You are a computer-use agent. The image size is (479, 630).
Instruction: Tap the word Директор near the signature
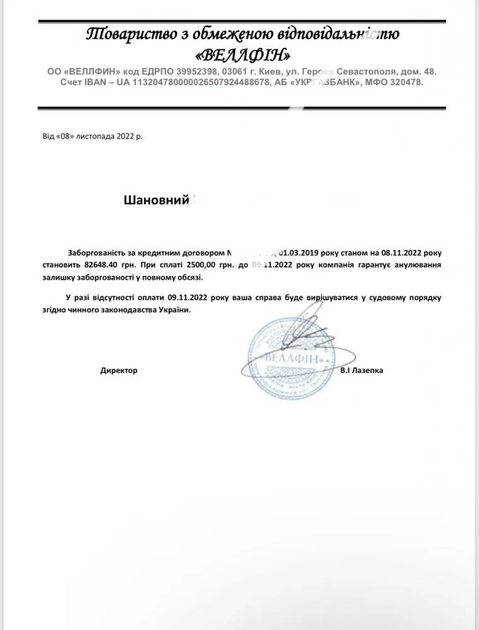(118, 370)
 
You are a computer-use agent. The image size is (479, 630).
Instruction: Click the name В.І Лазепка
(361, 370)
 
